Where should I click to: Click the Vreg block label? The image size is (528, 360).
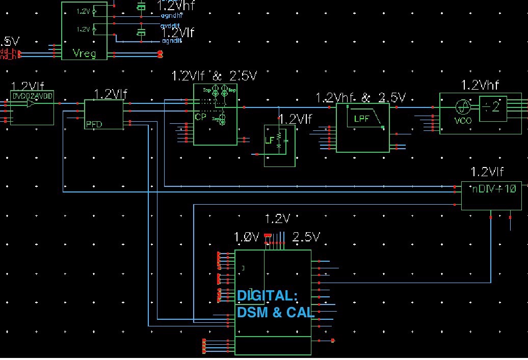click(84, 53)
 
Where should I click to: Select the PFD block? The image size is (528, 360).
click(104, 115)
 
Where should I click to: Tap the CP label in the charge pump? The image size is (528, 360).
click(200, 116)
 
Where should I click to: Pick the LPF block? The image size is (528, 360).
click(362, 125)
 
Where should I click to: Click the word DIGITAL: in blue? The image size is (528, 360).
click(267, 296)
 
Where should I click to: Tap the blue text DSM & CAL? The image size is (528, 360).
click(275, 312)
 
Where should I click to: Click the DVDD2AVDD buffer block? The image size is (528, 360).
click(32, 108)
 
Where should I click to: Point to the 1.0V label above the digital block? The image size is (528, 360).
click(247, 237)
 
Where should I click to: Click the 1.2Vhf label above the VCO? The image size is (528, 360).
click(480, 85)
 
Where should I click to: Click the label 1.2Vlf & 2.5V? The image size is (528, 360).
click(215, 76)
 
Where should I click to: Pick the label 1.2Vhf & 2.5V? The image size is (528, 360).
click(360, 97)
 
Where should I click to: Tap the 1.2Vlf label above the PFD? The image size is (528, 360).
click(110, 94)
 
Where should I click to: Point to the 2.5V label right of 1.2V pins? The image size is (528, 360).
click(306, 237)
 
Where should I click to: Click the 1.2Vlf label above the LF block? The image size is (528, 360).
click(295, 119)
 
